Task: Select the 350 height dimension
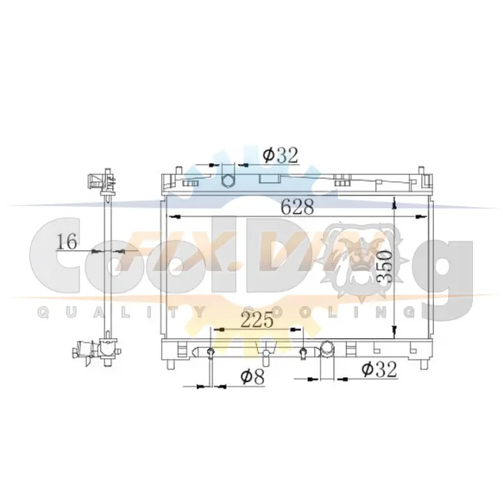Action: click(385, 267)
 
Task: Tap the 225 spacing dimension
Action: click(257, 320)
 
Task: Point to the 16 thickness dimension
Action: click(67, 242)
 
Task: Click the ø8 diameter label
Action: click(253, 377)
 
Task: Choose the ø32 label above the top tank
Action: click(280, 156)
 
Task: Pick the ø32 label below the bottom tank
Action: click(379, 370)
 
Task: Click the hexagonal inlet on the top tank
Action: click(228, 181)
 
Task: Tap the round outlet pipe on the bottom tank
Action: click(327, 349)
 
